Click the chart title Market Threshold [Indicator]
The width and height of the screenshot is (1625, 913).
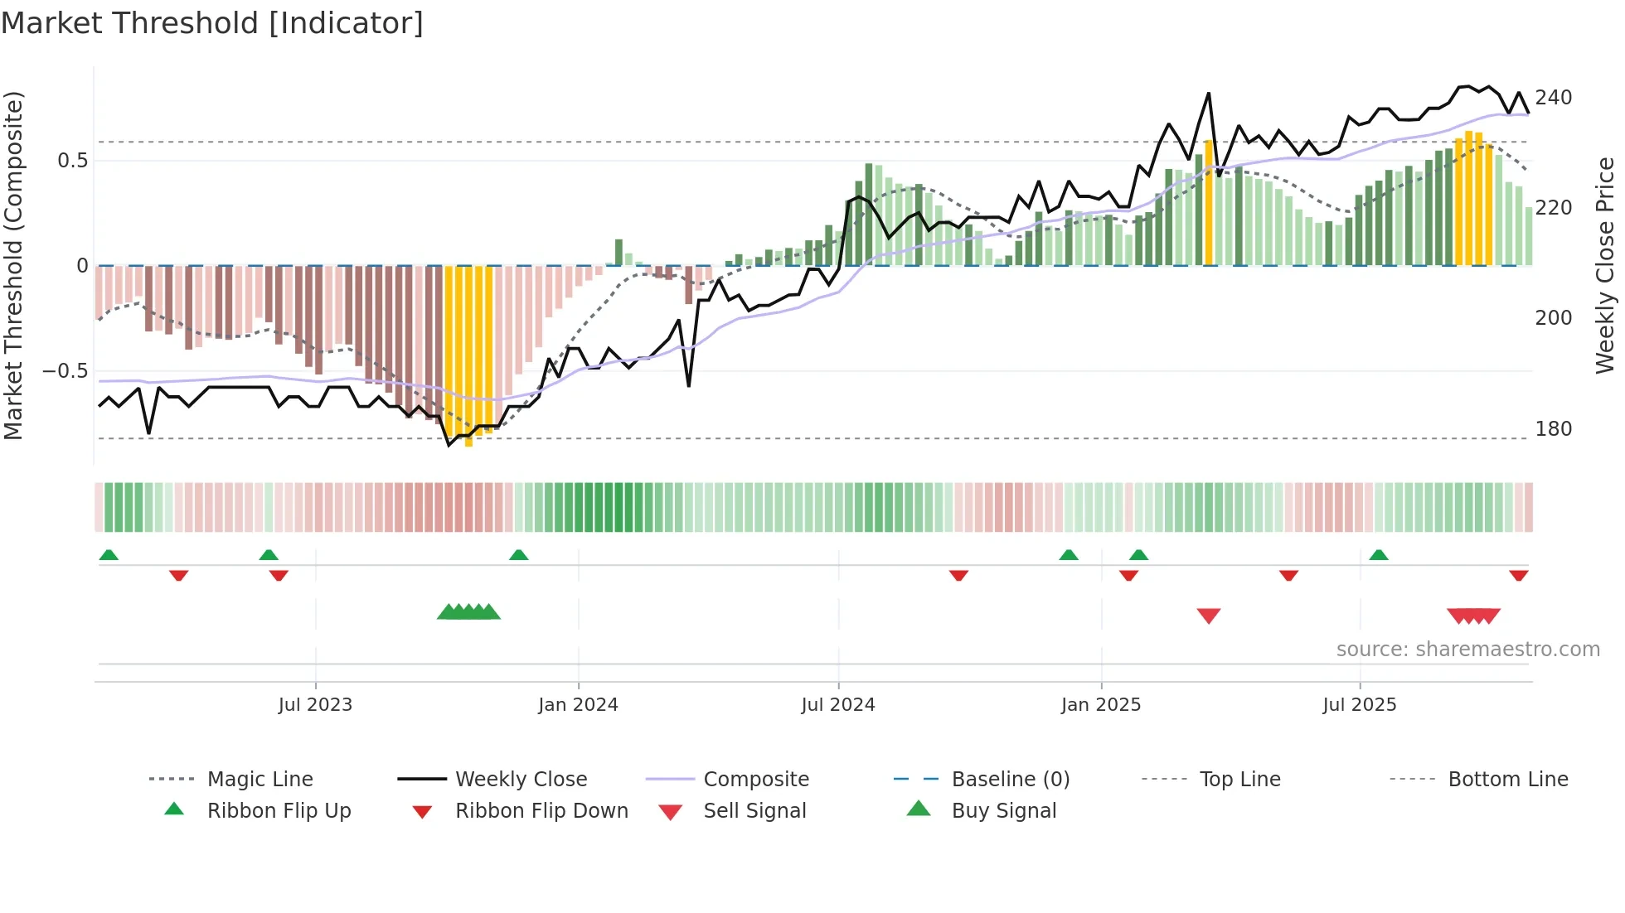click(212, 23)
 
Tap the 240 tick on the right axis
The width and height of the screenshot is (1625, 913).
click(1553, 98)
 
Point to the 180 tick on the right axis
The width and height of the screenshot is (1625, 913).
click(1553, 429)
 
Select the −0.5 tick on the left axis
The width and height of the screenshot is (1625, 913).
click(65, 371)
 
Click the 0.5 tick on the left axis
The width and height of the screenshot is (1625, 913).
click(72, 161)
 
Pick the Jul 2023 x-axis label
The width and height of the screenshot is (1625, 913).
click(315, 705)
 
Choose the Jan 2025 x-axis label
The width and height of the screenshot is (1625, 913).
click(1100, 705)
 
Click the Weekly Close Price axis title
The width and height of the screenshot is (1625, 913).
click(1605, 265)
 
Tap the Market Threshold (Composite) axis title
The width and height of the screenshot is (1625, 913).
click(13, 265)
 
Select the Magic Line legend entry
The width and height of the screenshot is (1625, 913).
click(260, 780)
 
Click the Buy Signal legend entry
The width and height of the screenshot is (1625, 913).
click(1003, 811)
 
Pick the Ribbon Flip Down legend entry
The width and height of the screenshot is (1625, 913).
click(541, 811)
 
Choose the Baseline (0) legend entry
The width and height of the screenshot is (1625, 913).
click(1010, 780)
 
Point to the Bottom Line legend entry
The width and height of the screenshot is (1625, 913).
click(1507, 780)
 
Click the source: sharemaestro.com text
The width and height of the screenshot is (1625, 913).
click(1467, 650)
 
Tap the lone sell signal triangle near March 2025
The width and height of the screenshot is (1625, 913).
click(1208, 616)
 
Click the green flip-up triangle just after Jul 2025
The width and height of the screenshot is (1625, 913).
click(1378, 555)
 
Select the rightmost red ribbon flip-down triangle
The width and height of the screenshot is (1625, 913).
click(1518, 575)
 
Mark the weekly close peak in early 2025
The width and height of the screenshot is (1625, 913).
click(1208, 94)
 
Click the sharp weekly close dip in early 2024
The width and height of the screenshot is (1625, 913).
click(688, 385)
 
